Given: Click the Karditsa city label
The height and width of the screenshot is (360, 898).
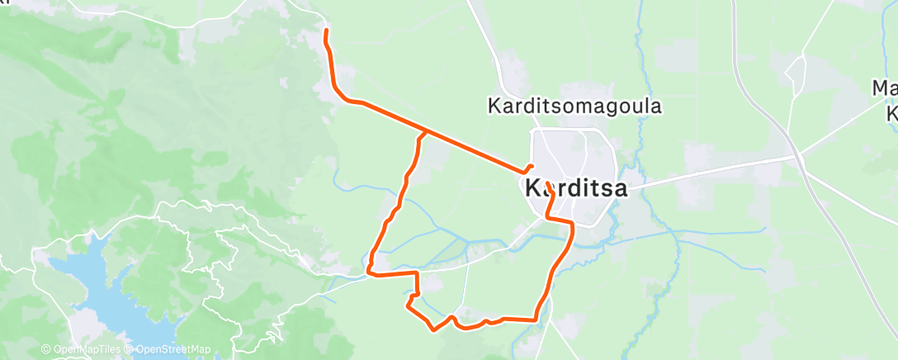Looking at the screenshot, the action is [576, 188].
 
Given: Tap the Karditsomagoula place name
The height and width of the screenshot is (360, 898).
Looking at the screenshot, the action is [575, 107].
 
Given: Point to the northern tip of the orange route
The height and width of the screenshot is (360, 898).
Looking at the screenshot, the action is [326, 31].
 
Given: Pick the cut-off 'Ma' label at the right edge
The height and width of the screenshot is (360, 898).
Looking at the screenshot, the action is [886, 88].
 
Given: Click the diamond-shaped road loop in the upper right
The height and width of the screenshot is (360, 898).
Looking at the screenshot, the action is [796, 74].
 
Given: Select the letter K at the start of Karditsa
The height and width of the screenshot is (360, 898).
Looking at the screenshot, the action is [532, 188].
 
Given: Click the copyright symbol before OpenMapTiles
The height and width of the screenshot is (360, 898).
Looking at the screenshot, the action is [46, 350].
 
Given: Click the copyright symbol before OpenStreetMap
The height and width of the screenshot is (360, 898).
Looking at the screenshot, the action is [130, 350].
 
